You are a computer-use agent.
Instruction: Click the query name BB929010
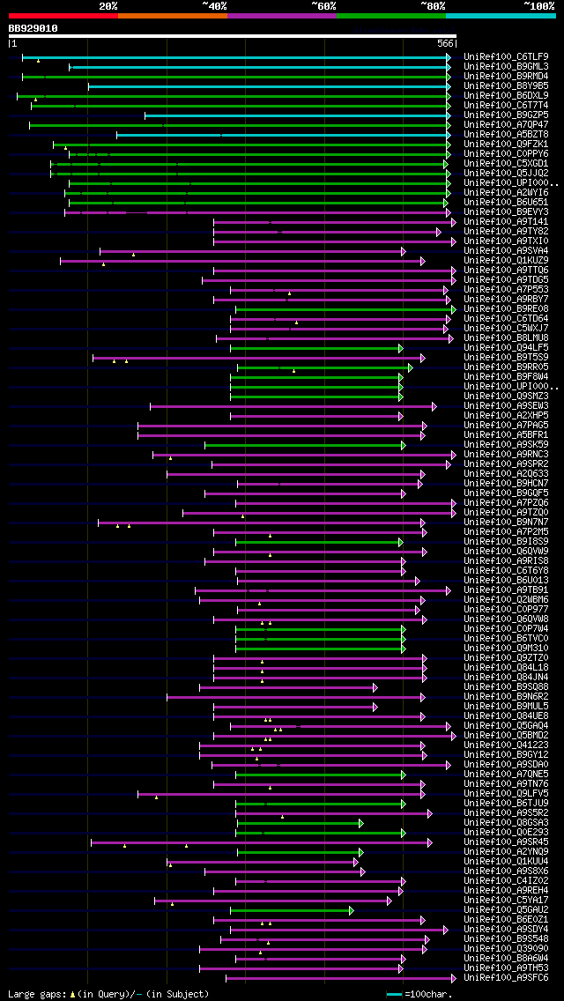coord(33,28)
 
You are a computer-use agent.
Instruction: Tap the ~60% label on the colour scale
coord(323,6)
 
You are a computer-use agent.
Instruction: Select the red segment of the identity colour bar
coord(63,16)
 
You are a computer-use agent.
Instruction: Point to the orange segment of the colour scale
coord(172,16)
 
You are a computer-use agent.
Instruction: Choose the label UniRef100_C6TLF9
coord(506,57)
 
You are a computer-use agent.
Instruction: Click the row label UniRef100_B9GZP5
coord(506,115)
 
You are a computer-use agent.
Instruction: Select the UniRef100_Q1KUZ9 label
coord(506,261)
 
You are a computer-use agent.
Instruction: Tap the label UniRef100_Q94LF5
coord(506,348)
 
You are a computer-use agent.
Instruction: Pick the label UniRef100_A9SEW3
coord(506,406)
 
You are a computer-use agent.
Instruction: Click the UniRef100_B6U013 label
coord(506,581)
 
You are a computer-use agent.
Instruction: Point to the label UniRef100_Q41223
coord(506,745)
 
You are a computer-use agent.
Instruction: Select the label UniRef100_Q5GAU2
coord(506,910)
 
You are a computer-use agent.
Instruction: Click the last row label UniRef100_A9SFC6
coord(506,978)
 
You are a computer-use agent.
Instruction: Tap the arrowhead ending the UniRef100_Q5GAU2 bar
coord(351,910)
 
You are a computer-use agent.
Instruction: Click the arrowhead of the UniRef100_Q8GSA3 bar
coord(360,823)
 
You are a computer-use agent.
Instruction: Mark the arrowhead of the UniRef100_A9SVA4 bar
coord(404,251)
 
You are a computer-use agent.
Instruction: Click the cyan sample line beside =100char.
coord(394,994)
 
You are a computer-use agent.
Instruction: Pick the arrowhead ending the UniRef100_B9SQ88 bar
coord(375,687)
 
